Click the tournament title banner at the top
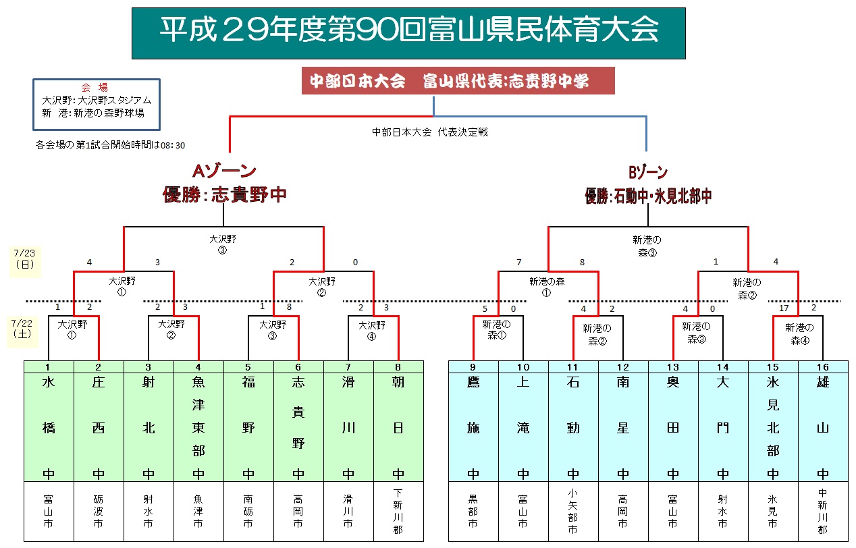tap(408, 33)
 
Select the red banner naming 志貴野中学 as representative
tap(449, 81)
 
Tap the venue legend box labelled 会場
tap(97, 104)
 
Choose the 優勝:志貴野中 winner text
tap(225, 195)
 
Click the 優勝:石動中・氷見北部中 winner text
tap(648, 196)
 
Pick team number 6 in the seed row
tap(298, 366)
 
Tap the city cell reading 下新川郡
tap(398, 512)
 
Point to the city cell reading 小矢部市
tap(573, 512)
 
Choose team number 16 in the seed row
tap(823, 366)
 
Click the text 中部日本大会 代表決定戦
tap(430, 132)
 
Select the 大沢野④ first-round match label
tap(373, 329)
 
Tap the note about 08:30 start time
tap(110, 144)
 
